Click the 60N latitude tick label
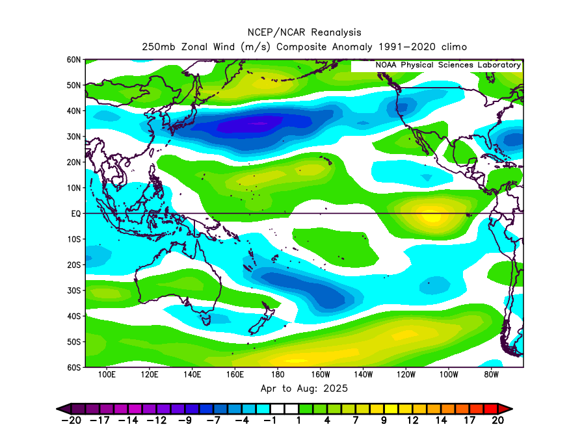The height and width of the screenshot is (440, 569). pyautogui.click(x=73, y=60)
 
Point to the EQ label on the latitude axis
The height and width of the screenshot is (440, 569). pyautogui.click(x=75, y=213)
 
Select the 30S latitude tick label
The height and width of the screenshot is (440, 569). pyautogui.click(x=73, y=291)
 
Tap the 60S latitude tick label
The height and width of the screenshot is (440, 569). pyautogui.click(x=73, y=367)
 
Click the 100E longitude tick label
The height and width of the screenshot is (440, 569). pyautogui.click(x=107, y=375)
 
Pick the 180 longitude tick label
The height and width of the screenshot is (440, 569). pyautogui.click(x=278, y=375)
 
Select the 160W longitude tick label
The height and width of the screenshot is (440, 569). pyautogui.click(x=321, y=375)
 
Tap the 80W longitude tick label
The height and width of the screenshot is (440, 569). pyautogui.click(x=492, y=375)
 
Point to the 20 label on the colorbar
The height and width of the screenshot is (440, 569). pyautogui.click(x=498, y=421)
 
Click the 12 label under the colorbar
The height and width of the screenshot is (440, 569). pyautogui.click(x=412, y=421)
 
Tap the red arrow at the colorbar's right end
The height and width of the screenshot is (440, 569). pyautogui.click(x=505, y=408)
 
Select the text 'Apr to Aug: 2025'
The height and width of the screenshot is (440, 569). pyautogui.click(x=304, y=389)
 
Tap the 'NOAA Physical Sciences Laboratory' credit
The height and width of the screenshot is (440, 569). pyautogui.click(x=448, y=65)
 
